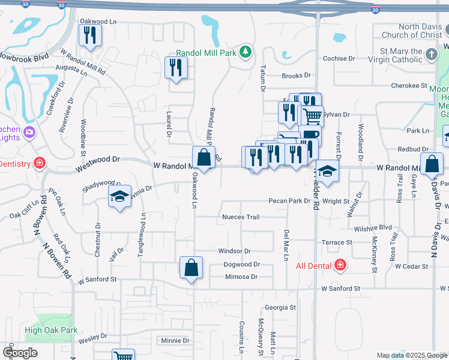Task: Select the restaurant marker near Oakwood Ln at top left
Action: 90,35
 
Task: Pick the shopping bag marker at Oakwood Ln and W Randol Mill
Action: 204,158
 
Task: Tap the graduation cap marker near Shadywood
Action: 119,196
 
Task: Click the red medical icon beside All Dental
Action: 340,265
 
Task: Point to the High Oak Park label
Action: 52,330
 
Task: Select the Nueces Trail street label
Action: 240,217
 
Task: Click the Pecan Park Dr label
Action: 288,201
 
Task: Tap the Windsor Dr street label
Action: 234,251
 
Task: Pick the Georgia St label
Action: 281,307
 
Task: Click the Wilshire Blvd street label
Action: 372,228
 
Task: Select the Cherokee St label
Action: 409,86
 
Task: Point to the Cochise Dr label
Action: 352,59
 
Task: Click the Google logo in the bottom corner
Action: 20,353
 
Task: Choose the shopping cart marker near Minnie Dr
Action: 124,355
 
